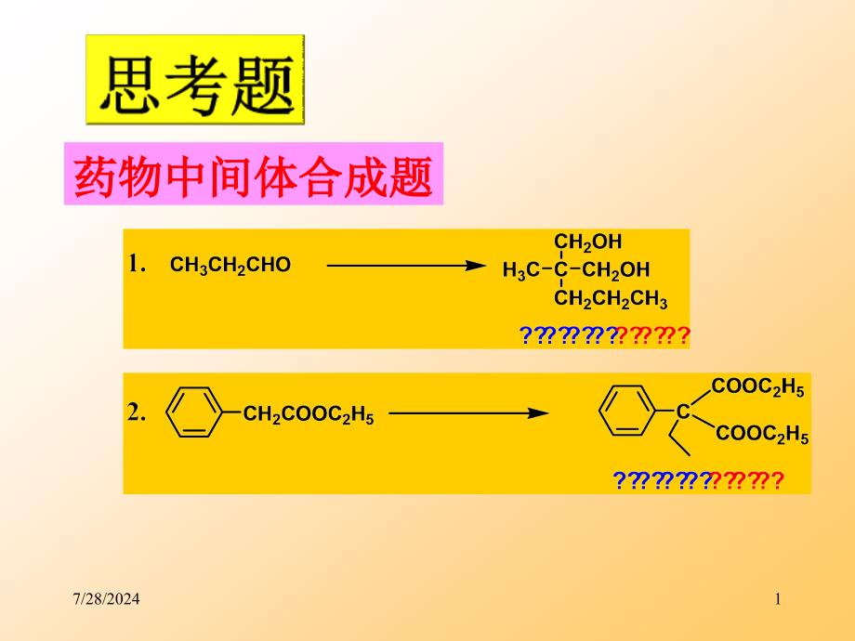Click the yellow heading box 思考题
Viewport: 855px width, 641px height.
click(x=195, y=80)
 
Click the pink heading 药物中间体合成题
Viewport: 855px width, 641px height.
click(x=253, y=175)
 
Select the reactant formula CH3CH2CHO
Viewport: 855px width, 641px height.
click(x=230, y=266)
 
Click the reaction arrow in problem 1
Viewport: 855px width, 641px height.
click(x=406, y=266)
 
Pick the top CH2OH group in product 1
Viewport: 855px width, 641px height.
click(x=588, y=243)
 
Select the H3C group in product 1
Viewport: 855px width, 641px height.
click(x=520, y=271)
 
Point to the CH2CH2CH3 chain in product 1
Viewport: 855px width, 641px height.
click(x=611, y=300)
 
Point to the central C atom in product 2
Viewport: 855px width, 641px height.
click(x=683, y=411)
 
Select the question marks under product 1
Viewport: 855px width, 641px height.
click(x=604, y=335)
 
